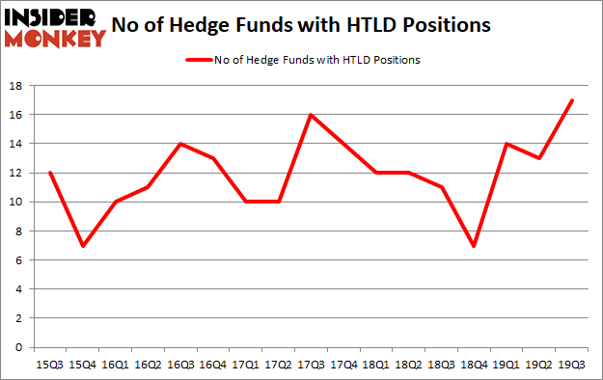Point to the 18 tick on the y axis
tap(17, 86)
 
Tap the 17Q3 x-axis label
tap(310, 364)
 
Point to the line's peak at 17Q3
tap(310, 115)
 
